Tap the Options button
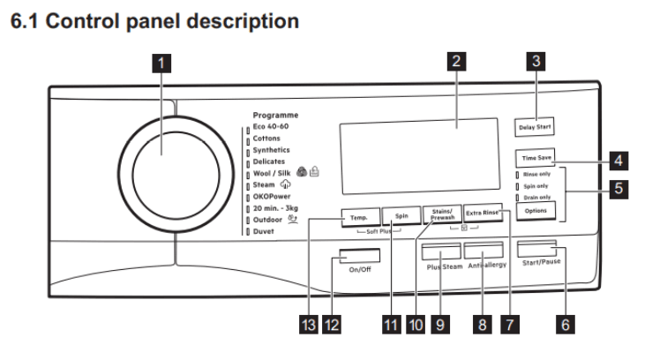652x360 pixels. (536, 212)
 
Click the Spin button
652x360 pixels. (401, 215)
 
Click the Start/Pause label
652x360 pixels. (542, 262)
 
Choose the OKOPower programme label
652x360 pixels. (273, 196)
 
